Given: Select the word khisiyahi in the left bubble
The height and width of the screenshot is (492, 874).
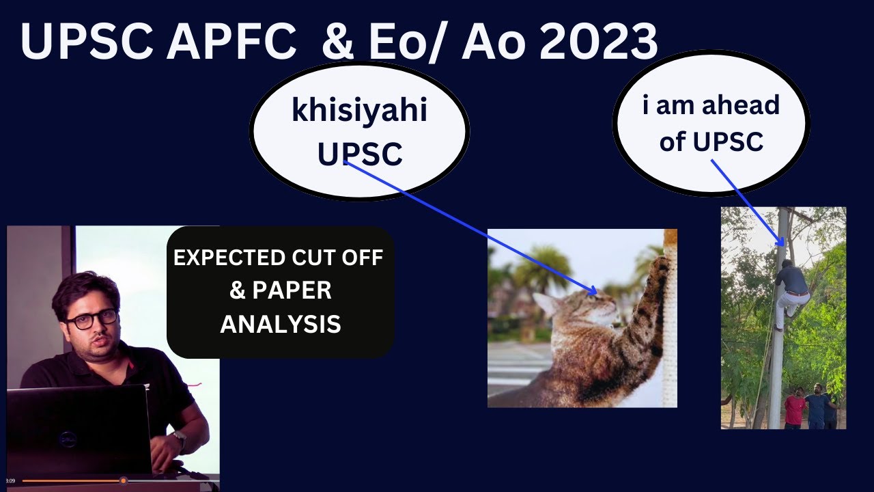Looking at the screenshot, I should pos(359,111).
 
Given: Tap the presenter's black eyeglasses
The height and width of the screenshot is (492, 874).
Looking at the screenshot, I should pos(91,319).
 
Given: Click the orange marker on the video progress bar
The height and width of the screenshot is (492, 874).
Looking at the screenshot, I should pos(124,481).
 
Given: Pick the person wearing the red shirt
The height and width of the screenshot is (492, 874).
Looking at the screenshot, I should pos(794,407).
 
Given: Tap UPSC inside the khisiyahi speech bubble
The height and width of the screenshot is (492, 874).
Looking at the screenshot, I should pos(360,154).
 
